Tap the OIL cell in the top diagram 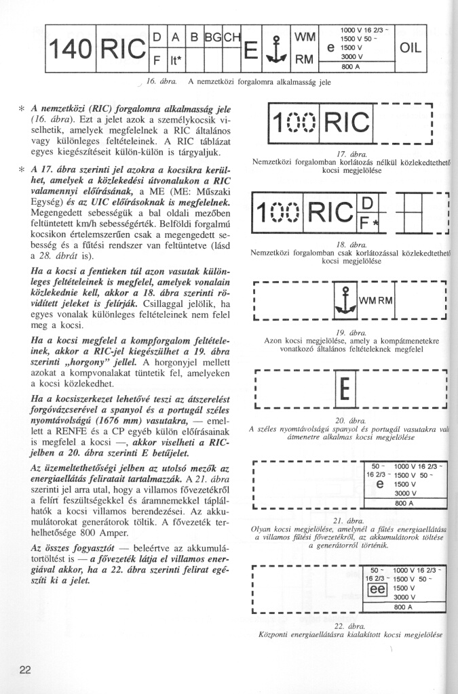411,47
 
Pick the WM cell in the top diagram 303,35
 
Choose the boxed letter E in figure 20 343,390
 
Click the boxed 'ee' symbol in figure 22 377,589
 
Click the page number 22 25,670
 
